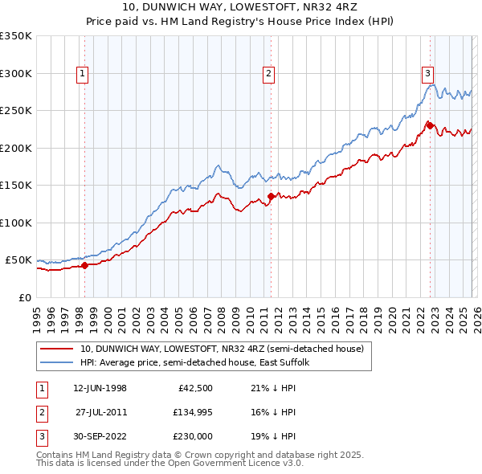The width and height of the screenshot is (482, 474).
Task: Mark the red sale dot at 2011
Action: pyautogui.click(x=271, y=196)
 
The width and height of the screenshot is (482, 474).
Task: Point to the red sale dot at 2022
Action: pyautogui.click(x=430, y=125)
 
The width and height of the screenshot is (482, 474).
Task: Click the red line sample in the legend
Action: pyautogui.click(x=57, y=349)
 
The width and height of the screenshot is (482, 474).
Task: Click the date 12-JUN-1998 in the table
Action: pyautogui.click(x=100, y=389)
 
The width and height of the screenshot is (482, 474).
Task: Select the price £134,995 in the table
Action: pyautogui.click(x=190, y=412)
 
